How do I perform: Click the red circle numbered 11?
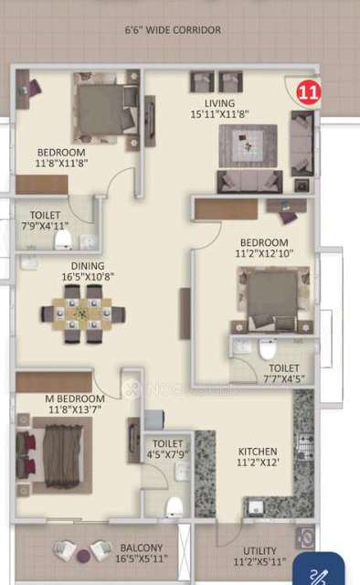[310, 90]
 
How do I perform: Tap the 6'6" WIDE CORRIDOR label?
[173, 30]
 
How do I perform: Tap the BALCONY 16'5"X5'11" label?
[142, 554]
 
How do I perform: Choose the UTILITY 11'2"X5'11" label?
[259, 557]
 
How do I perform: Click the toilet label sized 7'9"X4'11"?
[45, 219]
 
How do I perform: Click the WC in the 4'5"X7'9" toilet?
[175, 506]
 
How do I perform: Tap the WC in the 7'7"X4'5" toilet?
[268, 349]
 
